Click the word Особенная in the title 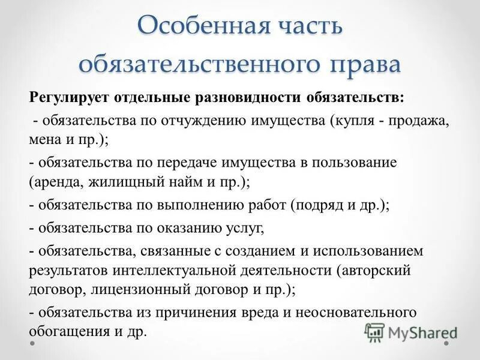[x=191, y=27]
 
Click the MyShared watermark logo [x=410, y=331]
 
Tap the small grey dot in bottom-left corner [x=33, y=344]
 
